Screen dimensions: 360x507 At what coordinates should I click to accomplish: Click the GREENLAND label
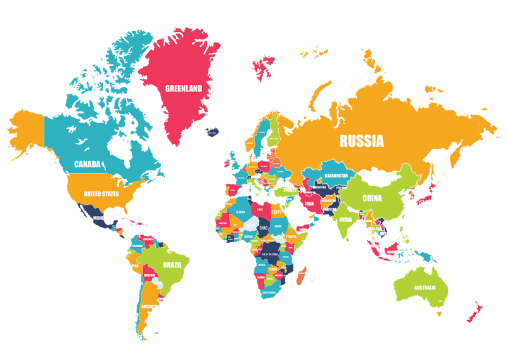(184, 89)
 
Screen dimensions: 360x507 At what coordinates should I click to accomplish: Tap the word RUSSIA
(361, 141)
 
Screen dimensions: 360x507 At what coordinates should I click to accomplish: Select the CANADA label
(87, 164)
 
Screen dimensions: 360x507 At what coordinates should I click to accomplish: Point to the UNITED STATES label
(101, 194)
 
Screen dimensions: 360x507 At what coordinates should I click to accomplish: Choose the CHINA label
(372, 198)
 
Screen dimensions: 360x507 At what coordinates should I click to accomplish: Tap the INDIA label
(345, 220)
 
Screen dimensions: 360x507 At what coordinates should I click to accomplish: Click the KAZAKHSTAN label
(337, 175)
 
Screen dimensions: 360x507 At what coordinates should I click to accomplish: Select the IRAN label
(309, 204)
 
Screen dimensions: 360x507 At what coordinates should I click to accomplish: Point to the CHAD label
(264, 228)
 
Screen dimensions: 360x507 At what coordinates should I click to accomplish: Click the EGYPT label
(277, 214)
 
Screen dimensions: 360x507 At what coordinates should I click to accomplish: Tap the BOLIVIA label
(150, 276)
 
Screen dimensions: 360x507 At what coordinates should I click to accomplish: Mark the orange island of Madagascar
(302, 275)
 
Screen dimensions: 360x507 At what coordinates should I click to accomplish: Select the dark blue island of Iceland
(212, 132)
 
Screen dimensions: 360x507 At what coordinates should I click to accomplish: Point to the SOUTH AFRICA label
(271, 293)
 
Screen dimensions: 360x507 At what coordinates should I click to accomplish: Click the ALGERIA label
(241, 212)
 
